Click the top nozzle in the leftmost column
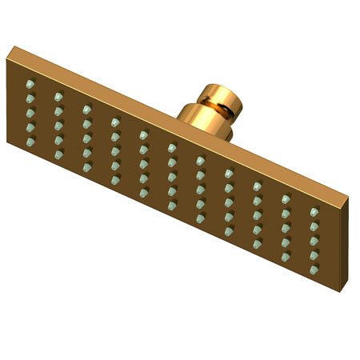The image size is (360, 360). click(x=30, y=84)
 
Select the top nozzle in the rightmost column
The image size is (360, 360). click(x=314, y=211)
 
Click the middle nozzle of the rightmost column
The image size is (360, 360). click(x=314, y=240)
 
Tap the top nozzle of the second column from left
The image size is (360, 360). click(x=58, y=96)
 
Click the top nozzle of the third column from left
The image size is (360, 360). click(x=86, y=109)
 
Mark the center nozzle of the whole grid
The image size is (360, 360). click(x=172, y=176)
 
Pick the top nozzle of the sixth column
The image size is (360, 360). click(x=172, y=147)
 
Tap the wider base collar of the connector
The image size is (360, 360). click(x=200, y=120)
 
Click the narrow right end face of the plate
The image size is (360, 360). click(x=345, y=240)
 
